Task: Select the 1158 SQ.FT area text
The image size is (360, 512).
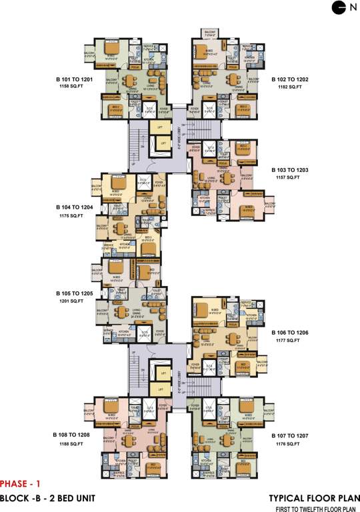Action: click(x=72, y=87)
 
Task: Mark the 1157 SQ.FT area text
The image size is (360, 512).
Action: click(x=287, y=179)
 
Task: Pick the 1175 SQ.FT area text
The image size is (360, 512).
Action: click(x=72, y=215)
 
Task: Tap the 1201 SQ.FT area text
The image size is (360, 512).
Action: click(x=72, y=301)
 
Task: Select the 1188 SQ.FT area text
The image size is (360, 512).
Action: click(x=72, y=442)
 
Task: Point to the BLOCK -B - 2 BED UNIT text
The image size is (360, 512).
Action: click(x=47, y=498)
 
